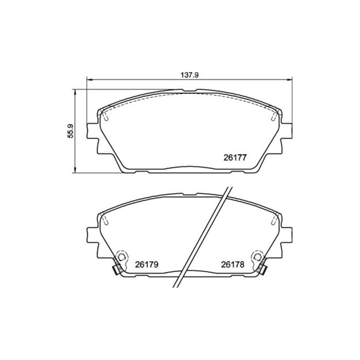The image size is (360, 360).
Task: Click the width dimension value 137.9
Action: coord(189,75)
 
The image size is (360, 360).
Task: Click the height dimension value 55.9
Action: coord(70,131)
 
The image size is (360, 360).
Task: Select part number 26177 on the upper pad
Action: coord(235,157)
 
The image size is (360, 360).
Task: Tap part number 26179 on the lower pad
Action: coord(147,265)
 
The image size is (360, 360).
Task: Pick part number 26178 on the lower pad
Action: coord(233,265)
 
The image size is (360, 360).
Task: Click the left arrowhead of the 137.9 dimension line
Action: coord(89,80)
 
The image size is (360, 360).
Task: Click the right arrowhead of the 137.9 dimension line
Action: coord(289,80)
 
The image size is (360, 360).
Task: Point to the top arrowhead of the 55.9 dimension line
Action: coord(74,92)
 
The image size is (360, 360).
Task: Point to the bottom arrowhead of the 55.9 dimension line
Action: coord(74,170)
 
